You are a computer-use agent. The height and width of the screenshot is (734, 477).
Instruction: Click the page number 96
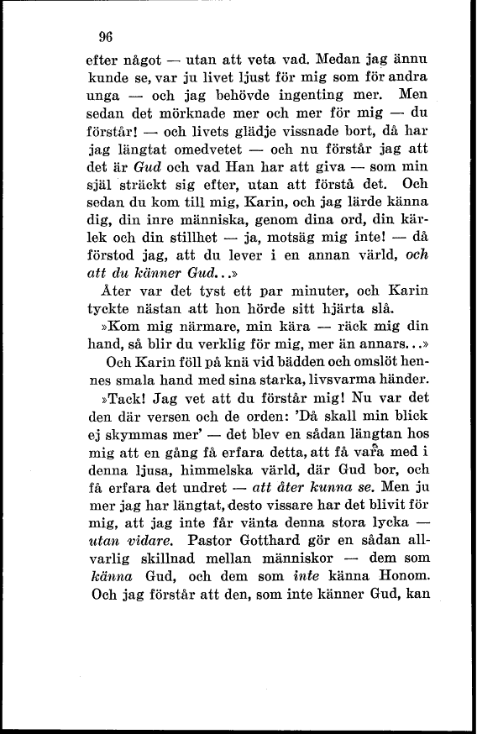coord(105,36)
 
